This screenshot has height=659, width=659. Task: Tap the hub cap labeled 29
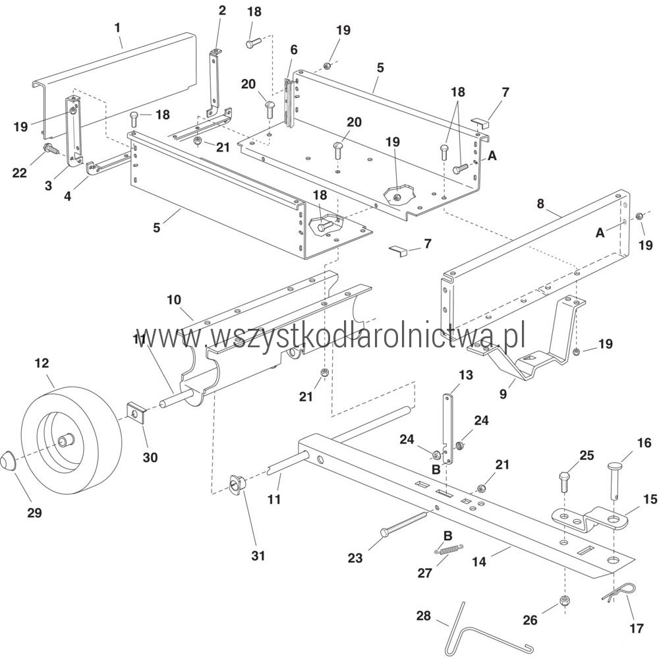click(x=7, y=459)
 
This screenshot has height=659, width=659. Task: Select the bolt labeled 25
click(x=563, y=482)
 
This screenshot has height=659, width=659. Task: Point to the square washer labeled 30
click(x=136, y=414)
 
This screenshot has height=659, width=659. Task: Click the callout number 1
click(x=117, y=28)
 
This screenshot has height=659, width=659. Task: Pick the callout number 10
click(x=173, y=299)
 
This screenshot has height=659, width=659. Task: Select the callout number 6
click(x=293, y=49)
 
